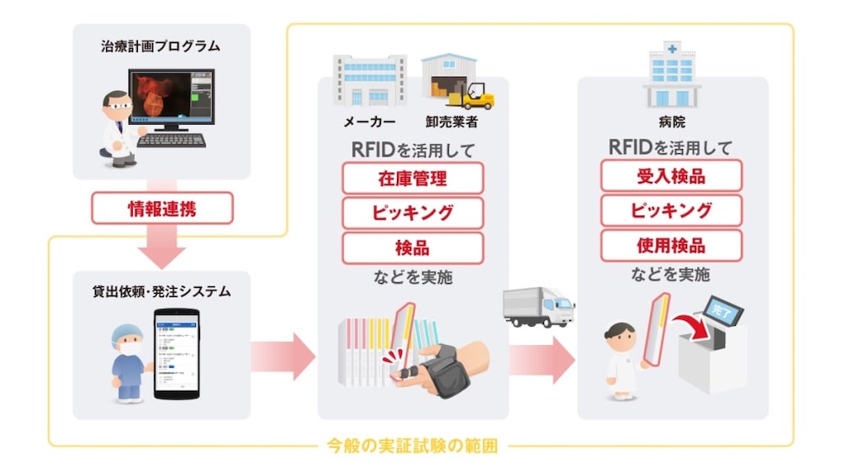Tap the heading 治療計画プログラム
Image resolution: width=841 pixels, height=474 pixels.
tap(161, 46)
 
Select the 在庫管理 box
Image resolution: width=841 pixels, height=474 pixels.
tap(412, 178)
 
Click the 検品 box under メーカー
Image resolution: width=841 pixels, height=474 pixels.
tap(412, 248)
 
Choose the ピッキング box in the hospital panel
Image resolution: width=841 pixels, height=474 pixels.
tap(671, 210)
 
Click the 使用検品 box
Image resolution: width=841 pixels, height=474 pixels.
tap(671, 246)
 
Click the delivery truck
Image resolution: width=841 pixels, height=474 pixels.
tap(538, 306)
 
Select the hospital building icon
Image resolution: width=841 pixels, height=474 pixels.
tap(672, 77)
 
